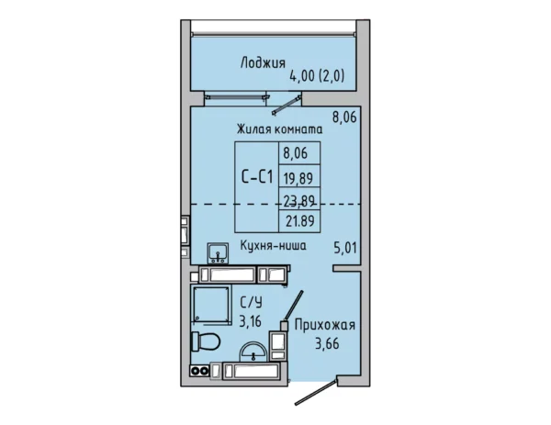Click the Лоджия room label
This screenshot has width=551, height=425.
pyautogui.click(x=263, y=63)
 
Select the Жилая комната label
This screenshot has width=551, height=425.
pyautogui.click(x=279, y=129)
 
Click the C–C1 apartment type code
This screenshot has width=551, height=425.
pyautogui.click(x=257, y=176)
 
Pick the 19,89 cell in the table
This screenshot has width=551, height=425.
pyautogui.click(x=298, y=179)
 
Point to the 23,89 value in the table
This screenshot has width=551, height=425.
pyautogui.click(x=298, y=201)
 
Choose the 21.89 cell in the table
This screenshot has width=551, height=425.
pyautogui.click(x=299, y=221)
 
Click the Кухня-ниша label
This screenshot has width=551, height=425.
pyautogui.click(x=273, y=245)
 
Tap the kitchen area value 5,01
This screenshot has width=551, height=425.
pyautogui.click(x=344, y=248)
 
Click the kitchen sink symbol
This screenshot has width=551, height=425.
pyautogui.click(x=218, y=253)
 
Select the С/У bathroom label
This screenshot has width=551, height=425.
pyautogui.click(x=251, y=302)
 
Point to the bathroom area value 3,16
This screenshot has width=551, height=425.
pyautogui.click(x=250, y=320)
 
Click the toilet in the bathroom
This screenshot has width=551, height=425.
pyautogui.click(x=206, y=341)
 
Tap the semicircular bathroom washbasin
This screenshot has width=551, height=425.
pyautogui.click(x=253, y=352)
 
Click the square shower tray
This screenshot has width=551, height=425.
pyautogui.click(x=211, y=305)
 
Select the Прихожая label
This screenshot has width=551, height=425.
pyautogui.click(x=325, y=325)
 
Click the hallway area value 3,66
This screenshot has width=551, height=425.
pyautogui.click(x=327, y=343)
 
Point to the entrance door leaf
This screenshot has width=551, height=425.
pyautogui.click(x=316, y=391)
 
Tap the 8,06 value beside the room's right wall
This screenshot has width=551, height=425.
pyautogui.click(x=344, y=117)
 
